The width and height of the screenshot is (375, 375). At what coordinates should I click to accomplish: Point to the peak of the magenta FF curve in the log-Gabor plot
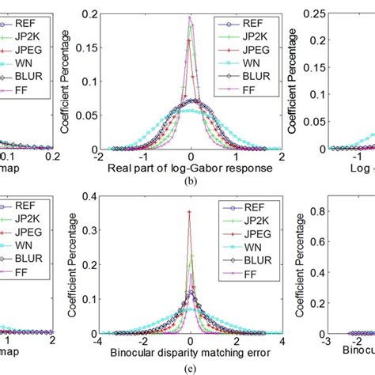190,17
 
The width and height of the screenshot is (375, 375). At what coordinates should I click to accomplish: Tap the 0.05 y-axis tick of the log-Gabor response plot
113,116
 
